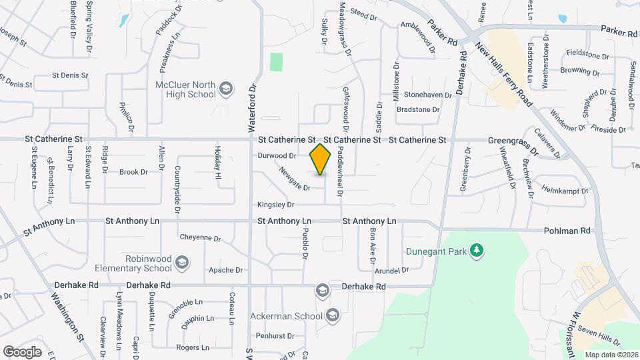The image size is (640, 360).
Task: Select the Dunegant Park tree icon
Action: tap(476, 251)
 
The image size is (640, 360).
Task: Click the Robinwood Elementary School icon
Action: tap(181, 263)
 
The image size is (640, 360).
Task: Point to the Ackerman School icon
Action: tap(333, 315)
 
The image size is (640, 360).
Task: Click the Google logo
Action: tap(22, 351)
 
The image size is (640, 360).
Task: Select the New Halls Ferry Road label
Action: tap(505, 73)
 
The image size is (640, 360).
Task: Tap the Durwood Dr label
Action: tap(277, 155)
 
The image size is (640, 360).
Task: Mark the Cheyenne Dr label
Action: tap(200, 237)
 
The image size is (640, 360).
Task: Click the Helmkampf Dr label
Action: tap(565, 189)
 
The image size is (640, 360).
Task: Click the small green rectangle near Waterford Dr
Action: tap(276, 62)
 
